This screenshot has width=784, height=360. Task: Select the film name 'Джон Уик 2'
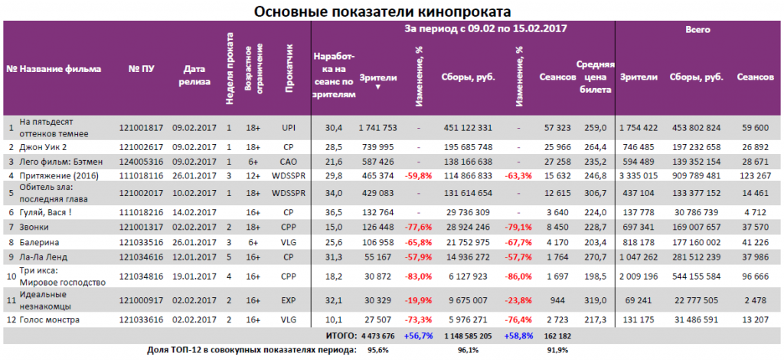pos(42,146)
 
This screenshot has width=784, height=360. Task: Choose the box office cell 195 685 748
pos(467,146)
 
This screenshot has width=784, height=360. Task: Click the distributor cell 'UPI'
pos(288,127)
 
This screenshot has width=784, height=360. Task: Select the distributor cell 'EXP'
pos(288,301)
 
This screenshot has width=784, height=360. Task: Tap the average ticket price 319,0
pos(594,301)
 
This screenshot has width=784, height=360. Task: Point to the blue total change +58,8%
pos(518,335)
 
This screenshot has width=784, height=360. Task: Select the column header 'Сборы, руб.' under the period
pos(468,77)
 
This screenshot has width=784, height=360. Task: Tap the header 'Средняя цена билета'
pos(594,77)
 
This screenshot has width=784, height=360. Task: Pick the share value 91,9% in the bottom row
pos(560,350)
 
